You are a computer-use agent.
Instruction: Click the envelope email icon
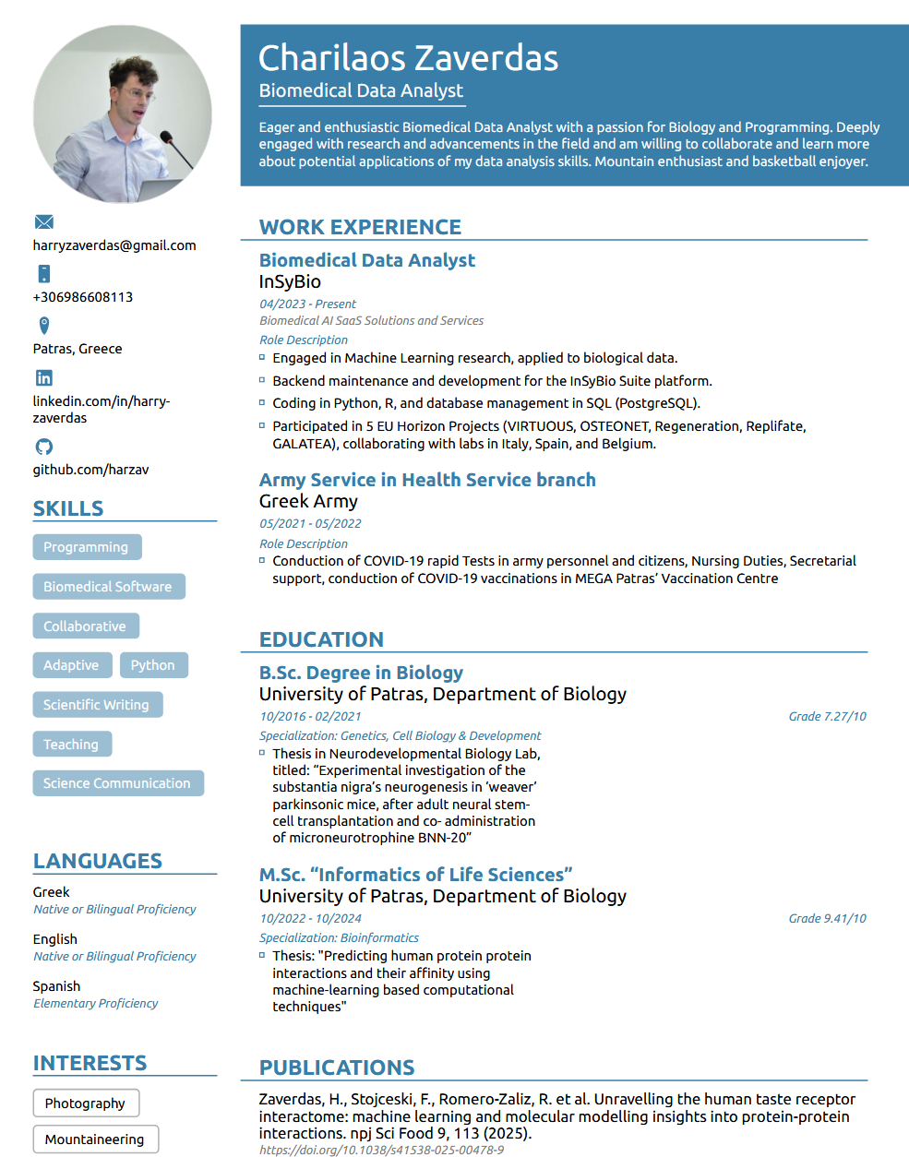tap(43, 222)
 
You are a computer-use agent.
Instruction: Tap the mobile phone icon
tap(43, 274)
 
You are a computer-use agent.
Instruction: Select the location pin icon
tap(43, 326)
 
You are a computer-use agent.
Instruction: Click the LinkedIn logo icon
tap(43, 377)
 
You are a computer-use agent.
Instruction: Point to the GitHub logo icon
tap(43, 447)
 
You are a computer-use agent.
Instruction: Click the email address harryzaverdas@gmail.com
tap(114, 245)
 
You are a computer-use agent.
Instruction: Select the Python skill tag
tap(152, 665)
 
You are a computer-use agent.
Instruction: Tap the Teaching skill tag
tap(71, 745)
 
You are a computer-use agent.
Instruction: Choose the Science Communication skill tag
tap(117, 783)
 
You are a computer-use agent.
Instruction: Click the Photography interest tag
tap(85, 1103)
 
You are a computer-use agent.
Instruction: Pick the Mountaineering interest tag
tap(95, 1139)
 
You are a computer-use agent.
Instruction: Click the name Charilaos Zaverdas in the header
tap(408, 58)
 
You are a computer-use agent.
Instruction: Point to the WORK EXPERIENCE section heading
tap(360, 227)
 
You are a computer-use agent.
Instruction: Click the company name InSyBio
tap(290, 281)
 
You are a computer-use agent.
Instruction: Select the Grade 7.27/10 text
tap(827, 716)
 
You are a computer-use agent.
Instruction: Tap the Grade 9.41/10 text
tap(827, 918)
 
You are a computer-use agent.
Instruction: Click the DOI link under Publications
tap(381, 1150)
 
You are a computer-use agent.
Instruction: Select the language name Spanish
tap(56, 986)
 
